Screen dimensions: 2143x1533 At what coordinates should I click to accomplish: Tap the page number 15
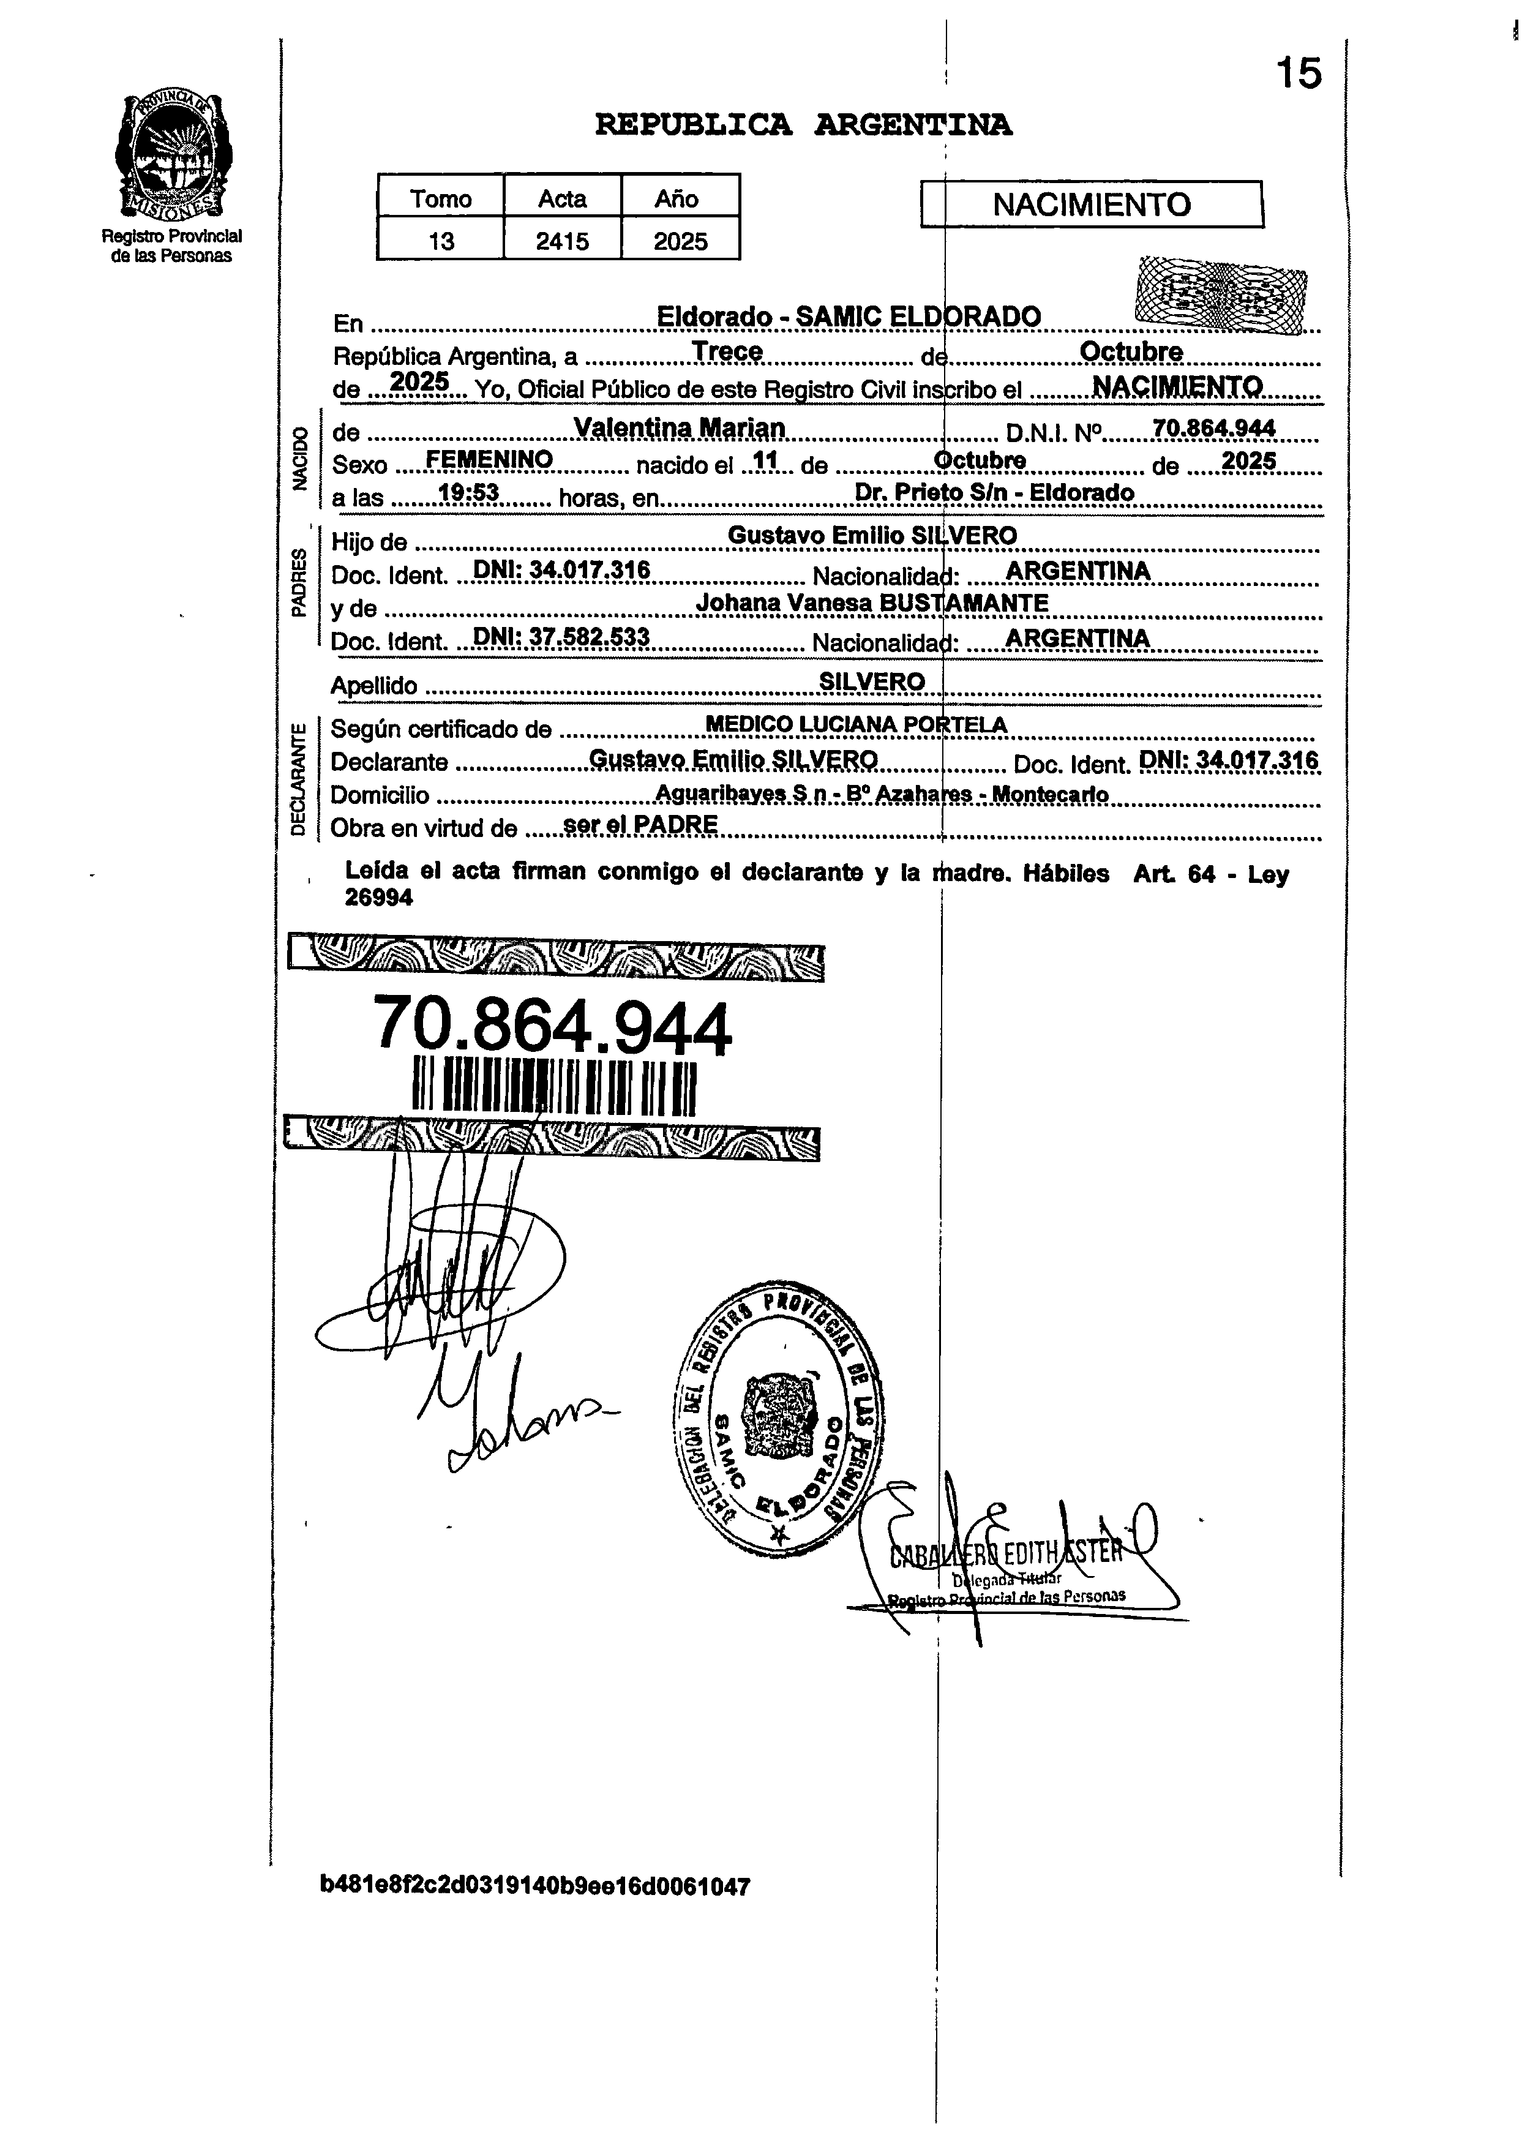1299,73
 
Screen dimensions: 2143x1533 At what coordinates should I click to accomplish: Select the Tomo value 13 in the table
441,242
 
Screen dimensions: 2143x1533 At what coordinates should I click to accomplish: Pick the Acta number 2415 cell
563,242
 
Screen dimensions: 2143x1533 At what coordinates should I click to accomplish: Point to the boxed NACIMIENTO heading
1091,205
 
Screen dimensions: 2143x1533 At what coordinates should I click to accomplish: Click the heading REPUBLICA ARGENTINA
803,125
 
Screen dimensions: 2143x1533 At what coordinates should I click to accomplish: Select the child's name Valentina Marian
680,429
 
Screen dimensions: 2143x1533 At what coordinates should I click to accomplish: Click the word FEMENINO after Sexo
489,460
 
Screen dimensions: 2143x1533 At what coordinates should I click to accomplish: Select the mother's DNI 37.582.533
561,637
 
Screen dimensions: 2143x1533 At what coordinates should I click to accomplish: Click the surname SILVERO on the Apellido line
871,681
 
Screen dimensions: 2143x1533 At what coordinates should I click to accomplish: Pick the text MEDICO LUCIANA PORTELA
856,725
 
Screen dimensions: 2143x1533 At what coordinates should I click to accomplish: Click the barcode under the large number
555,1089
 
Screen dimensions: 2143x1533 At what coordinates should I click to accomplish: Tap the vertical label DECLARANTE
298,779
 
